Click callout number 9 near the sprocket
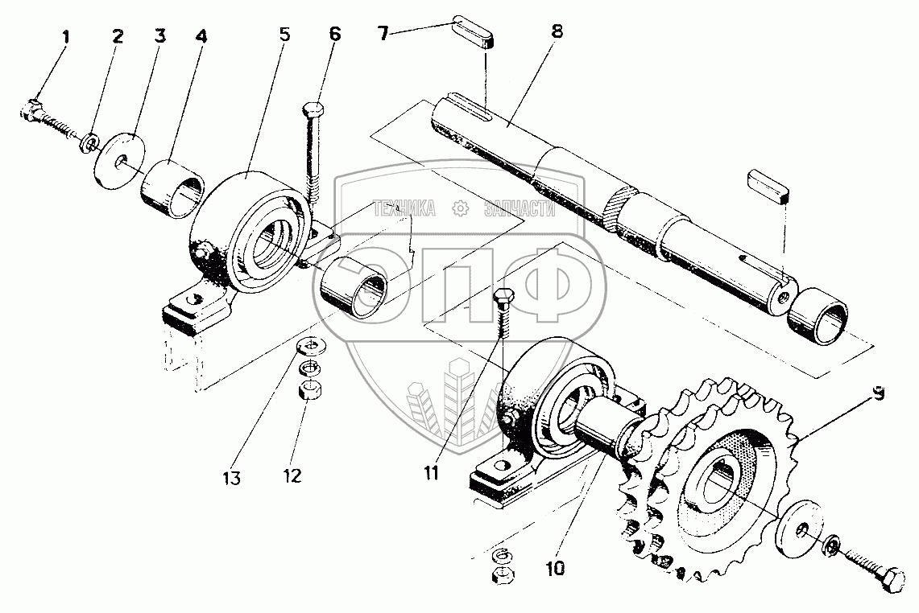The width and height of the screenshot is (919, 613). pyautogui.click(x=878, y=395)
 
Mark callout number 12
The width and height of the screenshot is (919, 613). pyautogui.click(x=292, y=475)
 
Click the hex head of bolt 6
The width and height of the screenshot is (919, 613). pyautogui.click(x=313, y=109)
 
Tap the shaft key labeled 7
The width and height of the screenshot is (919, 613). pyautogui.click(x=471, y=33)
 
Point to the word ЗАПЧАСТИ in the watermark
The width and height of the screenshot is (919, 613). pyautogui.click(x=520, y=209)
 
